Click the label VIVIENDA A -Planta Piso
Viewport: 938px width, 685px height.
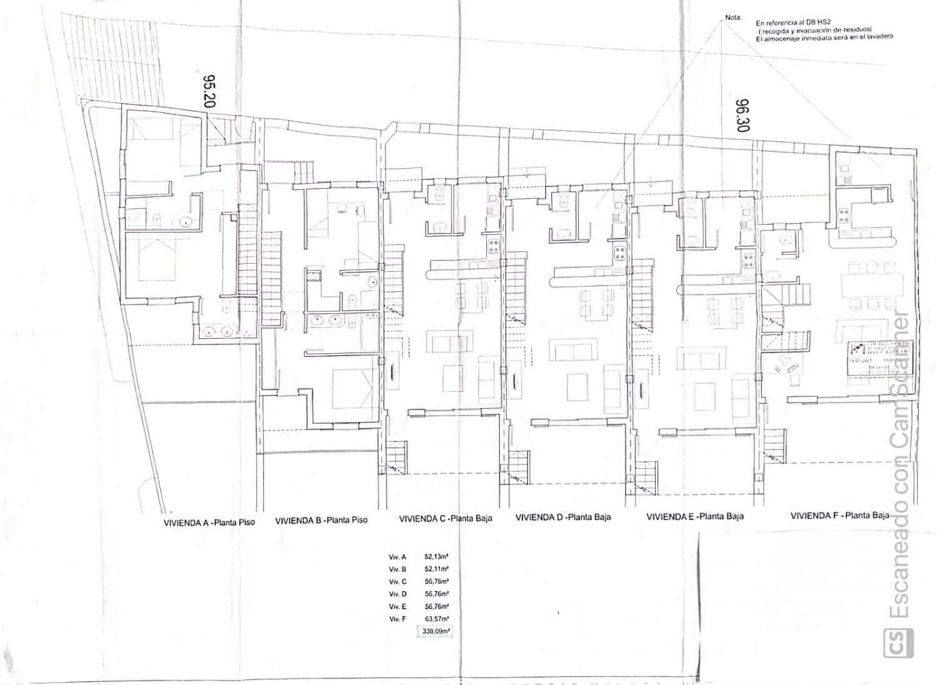(209, 522)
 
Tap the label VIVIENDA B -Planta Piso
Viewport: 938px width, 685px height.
(321, 520)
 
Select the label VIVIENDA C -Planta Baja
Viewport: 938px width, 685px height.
(445, 519)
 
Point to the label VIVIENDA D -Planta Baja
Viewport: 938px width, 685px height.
(563, 517)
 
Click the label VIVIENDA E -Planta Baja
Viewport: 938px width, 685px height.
(695, 517)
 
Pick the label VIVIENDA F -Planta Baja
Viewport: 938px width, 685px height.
(840, 516)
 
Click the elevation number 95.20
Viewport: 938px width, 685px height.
(209, 91)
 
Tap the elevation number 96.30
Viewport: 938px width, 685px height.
(742, 115)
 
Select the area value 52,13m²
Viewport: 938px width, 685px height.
(436, 556)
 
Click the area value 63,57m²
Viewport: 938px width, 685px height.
(436, 619)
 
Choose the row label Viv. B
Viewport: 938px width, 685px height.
(398, 569)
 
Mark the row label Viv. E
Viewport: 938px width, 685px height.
(398, 607)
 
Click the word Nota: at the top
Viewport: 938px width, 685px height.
(733, 18)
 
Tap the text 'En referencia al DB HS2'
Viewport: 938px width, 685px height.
(789, 22)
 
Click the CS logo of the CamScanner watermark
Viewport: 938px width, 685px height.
(898, 642)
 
